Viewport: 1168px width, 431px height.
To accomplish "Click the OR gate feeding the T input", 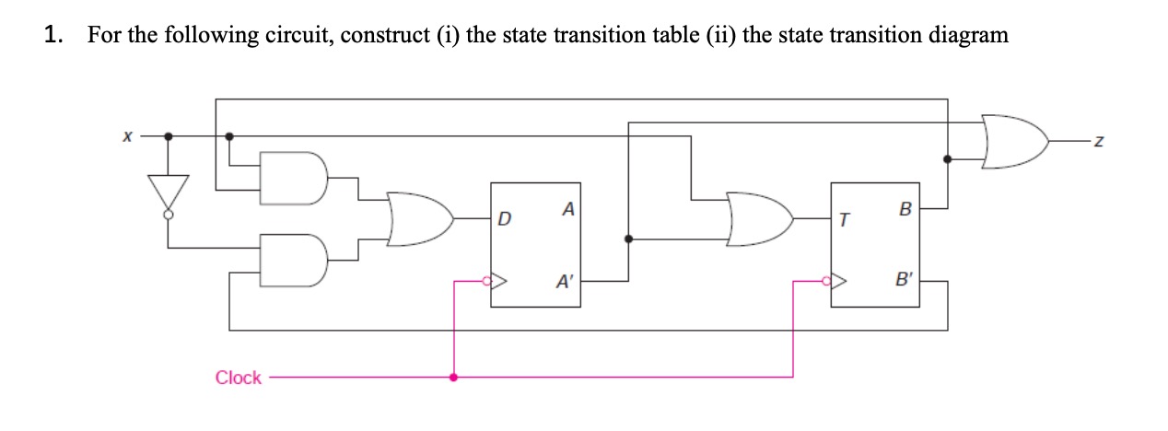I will coord(759,219).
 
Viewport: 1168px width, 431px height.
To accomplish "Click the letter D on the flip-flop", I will coord(503,220).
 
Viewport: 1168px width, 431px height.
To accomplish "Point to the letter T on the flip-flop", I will coord(843,220).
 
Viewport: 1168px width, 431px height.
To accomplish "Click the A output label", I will coord(568,210).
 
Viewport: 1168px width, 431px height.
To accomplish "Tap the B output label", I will coord(905,209).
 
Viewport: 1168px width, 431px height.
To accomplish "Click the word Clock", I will coord(238,378).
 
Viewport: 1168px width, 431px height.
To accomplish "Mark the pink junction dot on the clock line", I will coord(452,378).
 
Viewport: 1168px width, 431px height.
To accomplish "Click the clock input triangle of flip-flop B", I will coord(839,280).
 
